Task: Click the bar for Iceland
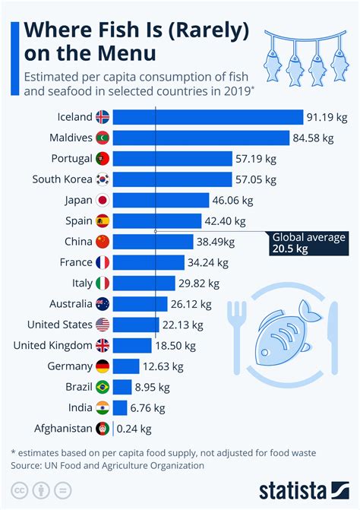coord(209,117)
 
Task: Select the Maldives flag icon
coord(103,138)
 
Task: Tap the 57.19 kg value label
coord(256,158)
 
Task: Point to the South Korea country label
coord(62,179)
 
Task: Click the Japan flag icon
coord(103,200)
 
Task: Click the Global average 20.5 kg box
coord(308,243)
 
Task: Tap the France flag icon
coord(103,262)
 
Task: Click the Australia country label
coord(66,304)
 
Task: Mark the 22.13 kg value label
coord(182,325)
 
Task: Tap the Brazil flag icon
coord(103,387)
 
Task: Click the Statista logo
coord(302,489)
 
